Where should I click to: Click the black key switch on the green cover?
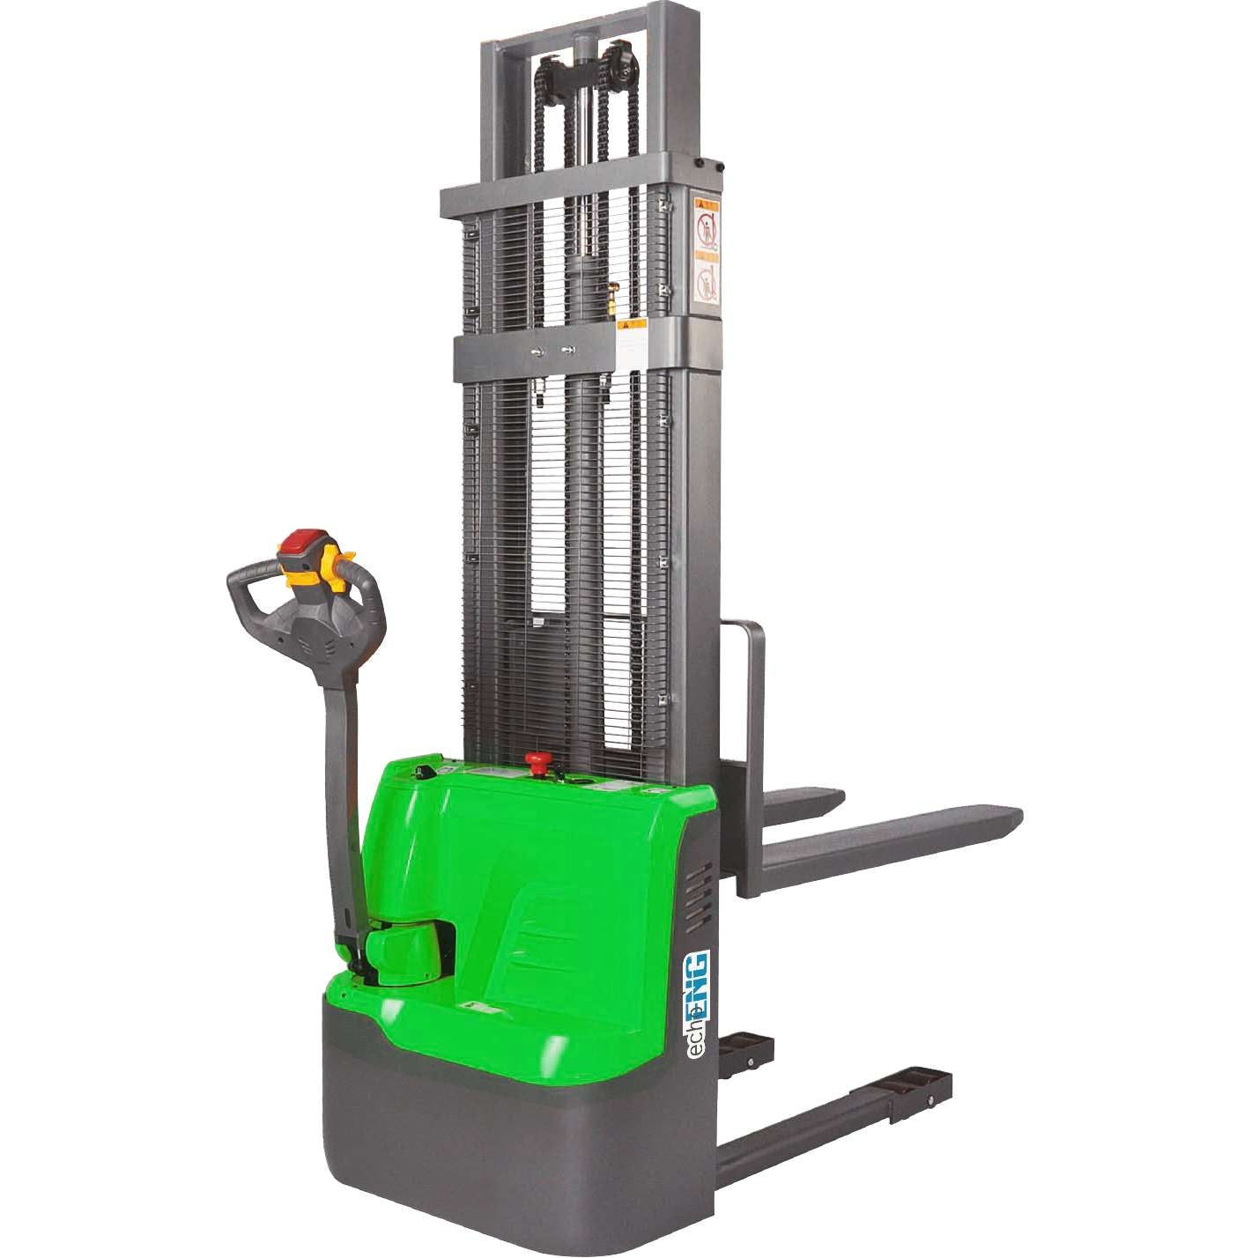424,773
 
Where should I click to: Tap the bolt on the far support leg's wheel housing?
750,1062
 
